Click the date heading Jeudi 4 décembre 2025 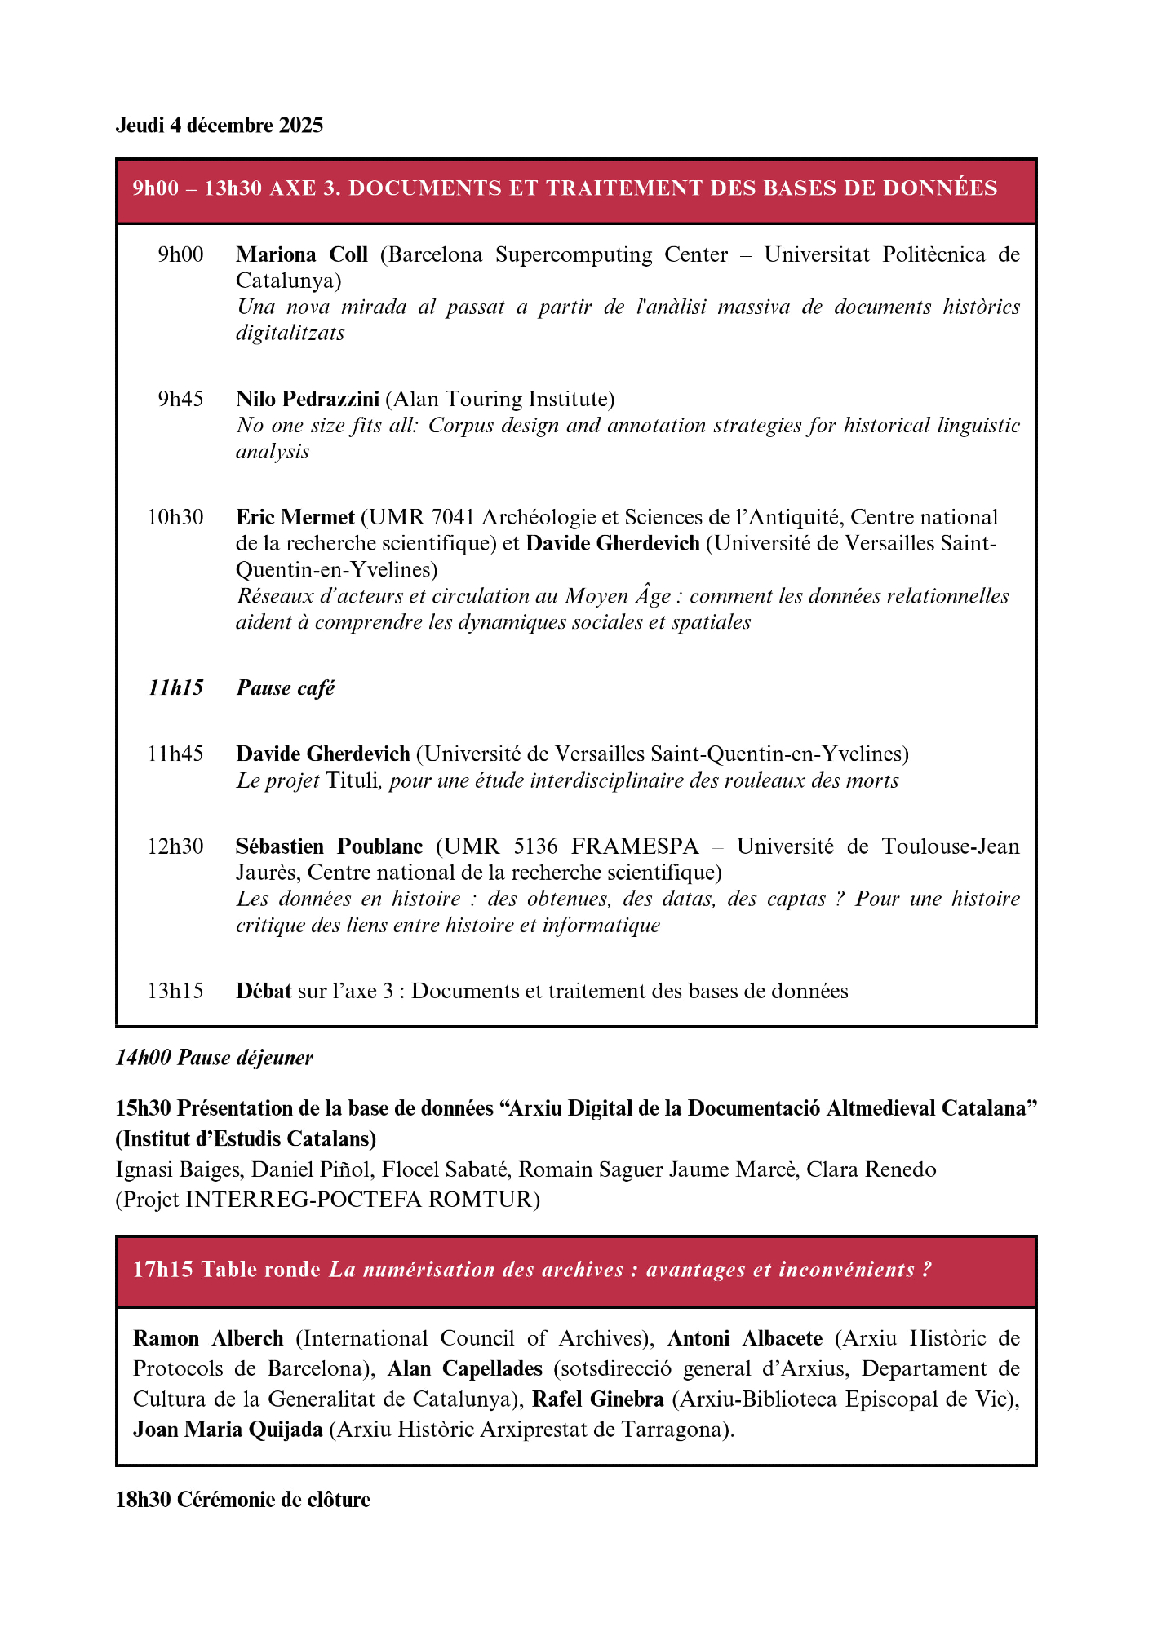coord(219,125)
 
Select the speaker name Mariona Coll coord(302,254)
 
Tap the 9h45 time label coord(180,399)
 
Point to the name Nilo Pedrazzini coord(308,399)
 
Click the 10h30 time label coord(175,517)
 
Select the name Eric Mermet coord(295,517)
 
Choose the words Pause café coord(286,688)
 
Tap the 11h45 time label coord(175,754)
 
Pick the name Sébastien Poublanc coord(330,846)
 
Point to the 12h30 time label coord(175,846)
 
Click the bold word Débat coord(264,991)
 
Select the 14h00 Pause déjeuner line coord(215,1058)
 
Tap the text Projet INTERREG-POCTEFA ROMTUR coord(328,1200)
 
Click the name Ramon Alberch coord(208,1338)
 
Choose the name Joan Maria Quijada coord(228,1430)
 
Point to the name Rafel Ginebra coord(598,1399)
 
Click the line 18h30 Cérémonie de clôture coord(243,1500)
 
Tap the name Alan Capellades coord(465,1368)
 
